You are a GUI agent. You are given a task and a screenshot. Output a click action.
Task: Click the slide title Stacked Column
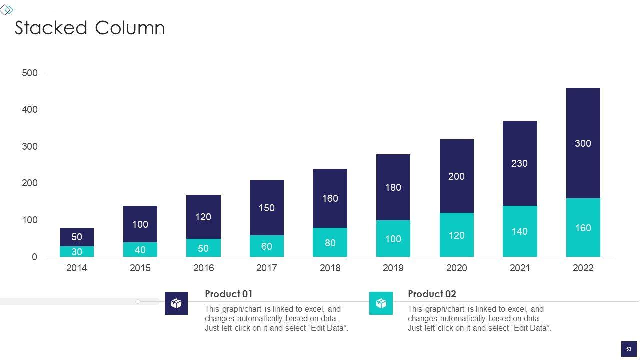tap(90, 28)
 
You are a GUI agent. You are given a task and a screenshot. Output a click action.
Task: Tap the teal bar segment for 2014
tap(76, 252)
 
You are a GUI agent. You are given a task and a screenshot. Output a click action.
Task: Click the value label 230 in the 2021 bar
tap(519, 163)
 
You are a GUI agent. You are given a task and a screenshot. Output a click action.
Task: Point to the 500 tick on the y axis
tap(30, 73)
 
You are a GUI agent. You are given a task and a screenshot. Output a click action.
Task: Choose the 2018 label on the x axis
tap(330, 268)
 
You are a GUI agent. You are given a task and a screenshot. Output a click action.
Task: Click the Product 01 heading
tap(229, 294)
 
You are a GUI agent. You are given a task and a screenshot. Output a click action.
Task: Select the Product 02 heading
tap(432, 294)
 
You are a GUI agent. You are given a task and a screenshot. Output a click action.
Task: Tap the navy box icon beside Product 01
tap(176, 303)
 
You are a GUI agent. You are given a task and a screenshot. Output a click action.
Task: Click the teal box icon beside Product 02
tap(381, 303)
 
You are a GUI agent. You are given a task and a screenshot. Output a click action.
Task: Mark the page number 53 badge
tap(629, 349)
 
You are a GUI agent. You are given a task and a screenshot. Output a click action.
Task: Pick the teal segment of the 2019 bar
tap(393, 239)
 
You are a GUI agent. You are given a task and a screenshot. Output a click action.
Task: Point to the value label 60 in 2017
tap(266, 246)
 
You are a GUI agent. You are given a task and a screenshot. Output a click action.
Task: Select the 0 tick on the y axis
tap(34, 257)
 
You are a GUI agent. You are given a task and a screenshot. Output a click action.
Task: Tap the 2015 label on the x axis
tap(140, 268)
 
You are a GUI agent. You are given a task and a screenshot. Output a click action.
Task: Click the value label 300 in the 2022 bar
tap(583, 144)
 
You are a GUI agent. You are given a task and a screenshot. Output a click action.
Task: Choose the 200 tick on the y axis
tap(30, 183)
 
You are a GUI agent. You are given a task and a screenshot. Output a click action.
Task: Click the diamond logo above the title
tap(6, 10)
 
